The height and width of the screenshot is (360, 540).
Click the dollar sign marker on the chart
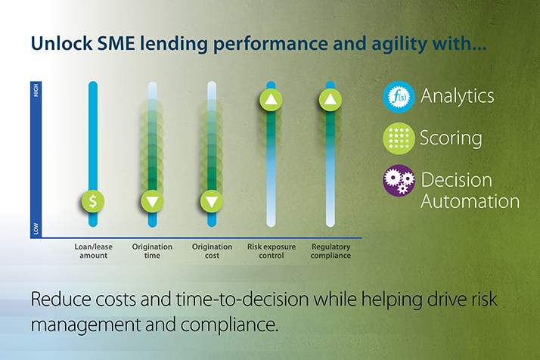(x=93, y=201)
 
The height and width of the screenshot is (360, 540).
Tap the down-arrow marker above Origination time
(x=152, y=201)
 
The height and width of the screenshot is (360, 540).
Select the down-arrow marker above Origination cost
(x=212, y=201)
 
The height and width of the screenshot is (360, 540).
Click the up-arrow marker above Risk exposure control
(x=271, y=100)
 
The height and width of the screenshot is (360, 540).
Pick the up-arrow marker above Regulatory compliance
(x=331, y=100)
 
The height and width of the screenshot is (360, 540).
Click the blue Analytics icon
(x=399, y=97)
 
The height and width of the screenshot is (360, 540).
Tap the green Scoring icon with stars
(x=399, y=138)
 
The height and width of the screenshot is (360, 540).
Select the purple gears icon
(x=399, y=181)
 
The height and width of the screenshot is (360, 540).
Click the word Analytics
(x=458, y=96)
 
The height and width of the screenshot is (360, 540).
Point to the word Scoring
(x=451, y=138)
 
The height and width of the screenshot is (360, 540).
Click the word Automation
(x=470, y=201)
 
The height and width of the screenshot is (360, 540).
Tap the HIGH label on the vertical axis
(x=36, y=91)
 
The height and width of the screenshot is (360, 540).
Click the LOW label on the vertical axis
(x=36, y=228)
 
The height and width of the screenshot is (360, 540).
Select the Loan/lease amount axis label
(x=93, y=251)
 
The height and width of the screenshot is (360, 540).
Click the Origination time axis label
(x=152, y=251)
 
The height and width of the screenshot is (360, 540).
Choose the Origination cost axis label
(x=212, y=251)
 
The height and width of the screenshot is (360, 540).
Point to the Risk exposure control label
(x=272, y=251)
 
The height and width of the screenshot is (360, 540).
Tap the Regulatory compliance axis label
(x=331, y=251)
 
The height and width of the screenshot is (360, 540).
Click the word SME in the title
(x=116, y=43)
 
